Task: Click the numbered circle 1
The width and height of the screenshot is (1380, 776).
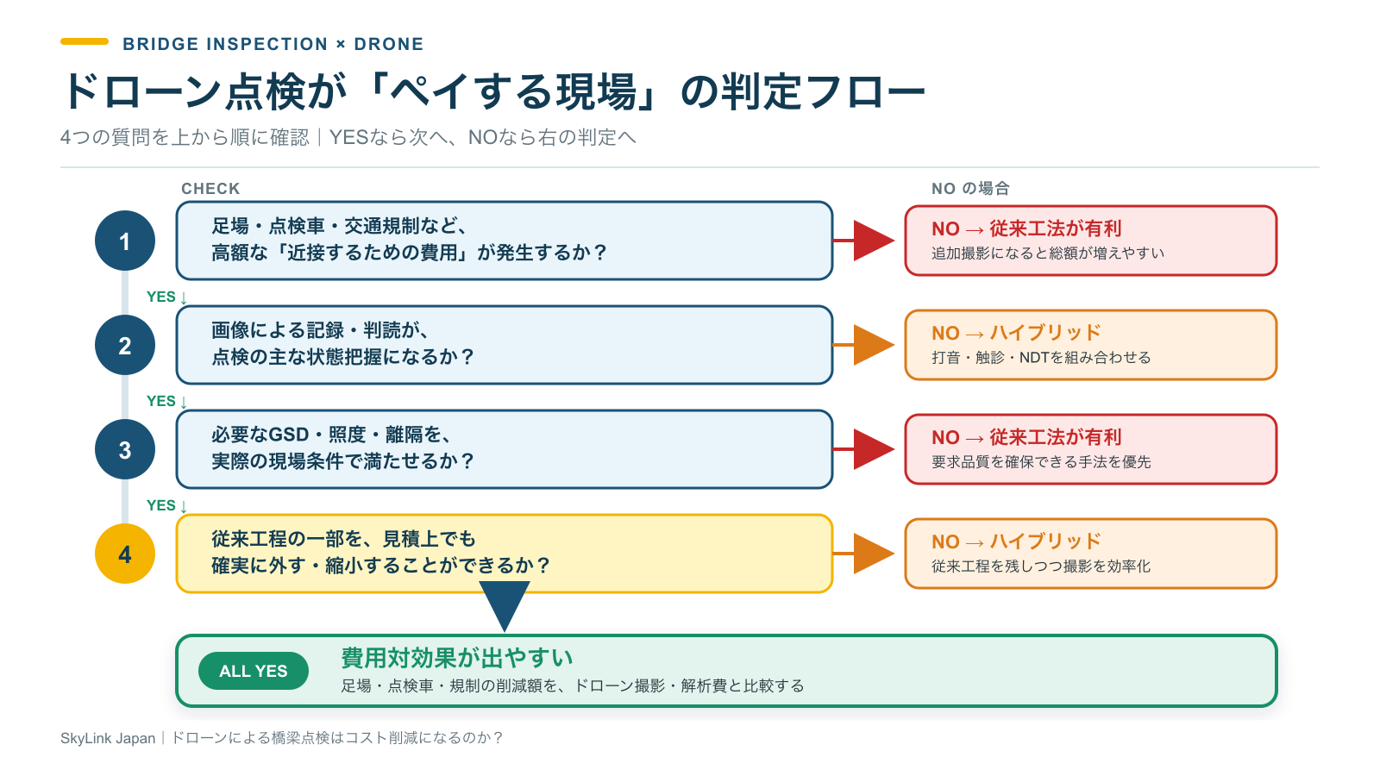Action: tap(124, 241)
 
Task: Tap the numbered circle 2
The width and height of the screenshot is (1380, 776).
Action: tap(124, 345)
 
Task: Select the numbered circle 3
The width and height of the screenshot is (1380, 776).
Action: tap(124, 449)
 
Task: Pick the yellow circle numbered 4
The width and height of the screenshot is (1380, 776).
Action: tap(124, 554)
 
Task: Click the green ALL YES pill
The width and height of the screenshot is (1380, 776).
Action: tap(254, 671)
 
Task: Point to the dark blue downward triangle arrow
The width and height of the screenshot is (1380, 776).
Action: tap(505, 603)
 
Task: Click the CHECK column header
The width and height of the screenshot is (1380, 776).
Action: tap(210, 189)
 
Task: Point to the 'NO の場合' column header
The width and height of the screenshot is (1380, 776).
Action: tap(970, 189)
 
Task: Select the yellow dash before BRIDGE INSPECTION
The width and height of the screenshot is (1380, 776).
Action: tap(85, 42)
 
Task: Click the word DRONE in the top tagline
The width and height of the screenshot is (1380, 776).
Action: tap(389, 44)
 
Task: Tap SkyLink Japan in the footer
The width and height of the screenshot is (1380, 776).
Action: tap(108, 738)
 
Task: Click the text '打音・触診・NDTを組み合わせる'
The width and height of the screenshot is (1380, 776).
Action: tap(1041, 358)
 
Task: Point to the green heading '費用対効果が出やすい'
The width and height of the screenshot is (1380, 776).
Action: tap(457, 658)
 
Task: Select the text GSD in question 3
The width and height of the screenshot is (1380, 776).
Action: tap(289, 435)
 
